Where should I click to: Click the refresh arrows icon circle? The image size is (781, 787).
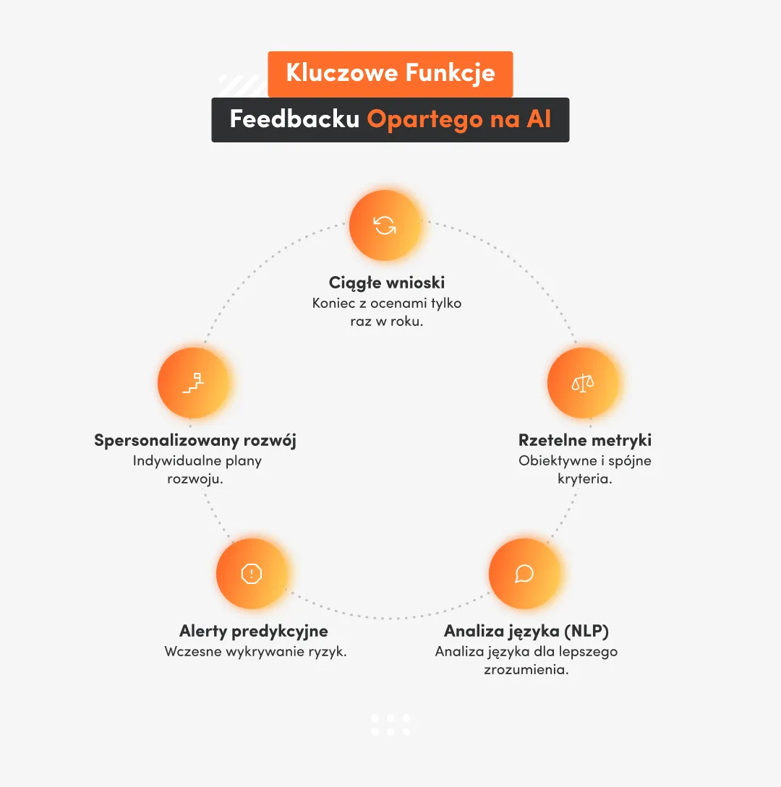click(385, 225)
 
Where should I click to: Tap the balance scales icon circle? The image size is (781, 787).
click(583, 383)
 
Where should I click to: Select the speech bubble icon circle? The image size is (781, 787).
click(524, 574)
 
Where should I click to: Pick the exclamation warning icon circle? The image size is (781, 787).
click(251, 574)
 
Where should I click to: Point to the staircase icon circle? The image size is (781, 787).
click(193, 382)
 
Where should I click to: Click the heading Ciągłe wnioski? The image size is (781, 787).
click(387, 283)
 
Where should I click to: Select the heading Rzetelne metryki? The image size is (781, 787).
click(585, 440)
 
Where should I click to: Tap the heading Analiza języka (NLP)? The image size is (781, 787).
click(526, 631)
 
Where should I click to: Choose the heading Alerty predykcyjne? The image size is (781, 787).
click(254, 631)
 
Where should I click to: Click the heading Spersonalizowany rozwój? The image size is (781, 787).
click(195, 440)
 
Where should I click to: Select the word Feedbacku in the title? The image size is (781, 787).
click(294, 119)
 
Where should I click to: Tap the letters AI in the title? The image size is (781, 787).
click(539, 119)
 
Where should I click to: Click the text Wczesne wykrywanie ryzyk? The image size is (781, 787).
click(256, 651)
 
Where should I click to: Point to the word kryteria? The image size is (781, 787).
click(585, 479)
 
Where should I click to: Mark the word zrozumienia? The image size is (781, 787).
click(526, 670)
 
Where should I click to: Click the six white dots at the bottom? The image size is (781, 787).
click(390, 725)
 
